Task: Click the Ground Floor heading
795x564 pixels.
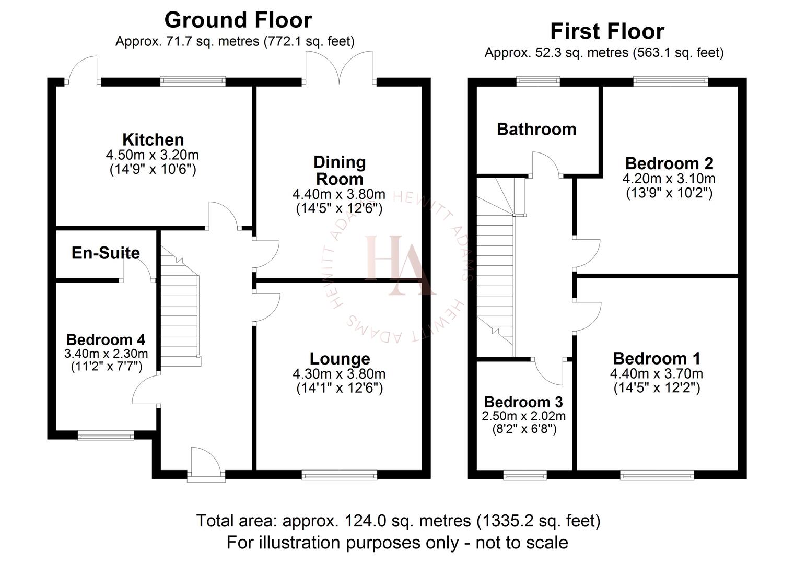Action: pos(238,20)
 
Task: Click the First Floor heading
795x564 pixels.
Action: pos(607,32)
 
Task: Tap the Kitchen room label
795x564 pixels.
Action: pos(153,139)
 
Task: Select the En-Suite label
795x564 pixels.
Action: pos(106,253)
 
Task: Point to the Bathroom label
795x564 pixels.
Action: pos(536,129)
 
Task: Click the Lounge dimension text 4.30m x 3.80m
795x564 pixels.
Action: pos(340,374)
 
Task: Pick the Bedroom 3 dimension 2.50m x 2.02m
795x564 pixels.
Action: pos(523,416)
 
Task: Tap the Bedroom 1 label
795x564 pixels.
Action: pos(657,358)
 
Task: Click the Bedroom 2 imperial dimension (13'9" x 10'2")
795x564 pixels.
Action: pos(669,193)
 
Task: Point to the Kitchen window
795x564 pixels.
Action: pos(193,81)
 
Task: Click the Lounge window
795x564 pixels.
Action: pos(340,475)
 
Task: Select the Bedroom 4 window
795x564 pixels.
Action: pos(106,435)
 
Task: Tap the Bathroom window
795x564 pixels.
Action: pos(538,81)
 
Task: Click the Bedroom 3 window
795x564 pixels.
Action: pos(525,475)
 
